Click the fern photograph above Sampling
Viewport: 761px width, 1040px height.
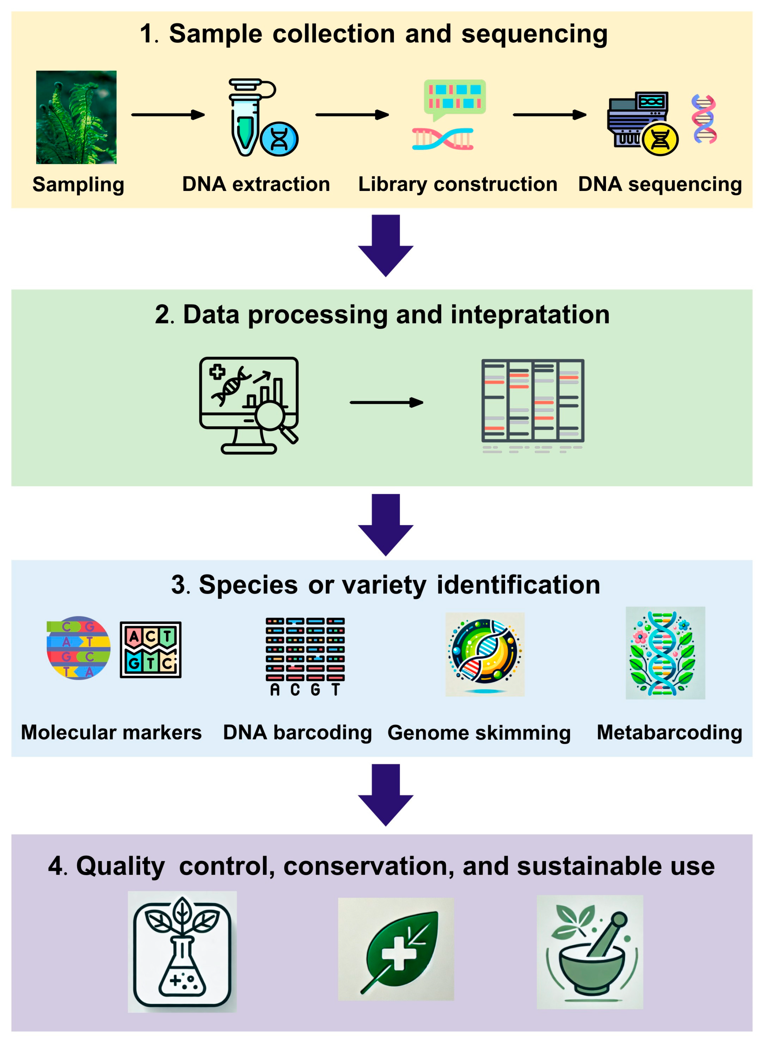click(76, 117)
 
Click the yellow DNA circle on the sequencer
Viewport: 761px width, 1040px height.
click(660, 139)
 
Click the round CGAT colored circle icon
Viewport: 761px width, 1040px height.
click(78, 648)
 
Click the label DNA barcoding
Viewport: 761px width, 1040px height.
click(297, 732)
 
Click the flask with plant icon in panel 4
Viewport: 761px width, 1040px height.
click(182, 952)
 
